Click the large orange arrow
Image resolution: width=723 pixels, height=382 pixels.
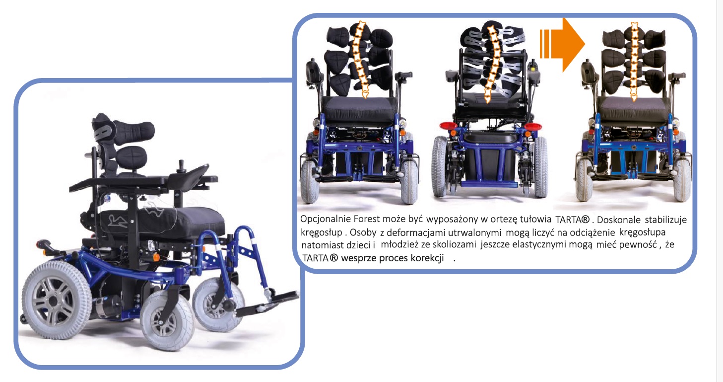pyautogui.click(x=562, y=45)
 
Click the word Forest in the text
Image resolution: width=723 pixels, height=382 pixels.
pyautogui.click(x=367, y=219)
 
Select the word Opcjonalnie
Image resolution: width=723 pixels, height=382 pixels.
pyautogui.click(x=326, y=220)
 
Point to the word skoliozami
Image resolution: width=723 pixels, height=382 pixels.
pyautogui.click(x=454, y=244)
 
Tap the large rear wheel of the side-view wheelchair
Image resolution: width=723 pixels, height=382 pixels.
pyautogui.click(x=56, y=300)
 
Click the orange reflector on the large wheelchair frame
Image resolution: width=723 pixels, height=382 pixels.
pyautogui.click(x=156, y=257)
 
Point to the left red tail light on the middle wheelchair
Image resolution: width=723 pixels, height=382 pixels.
pyautogui.click(x=448, y=126)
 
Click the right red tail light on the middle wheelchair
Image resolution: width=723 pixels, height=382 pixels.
pyautogui.click(x=533, y=126)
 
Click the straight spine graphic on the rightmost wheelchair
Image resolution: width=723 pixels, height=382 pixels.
pyautogui.click(x=634, y=62)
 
